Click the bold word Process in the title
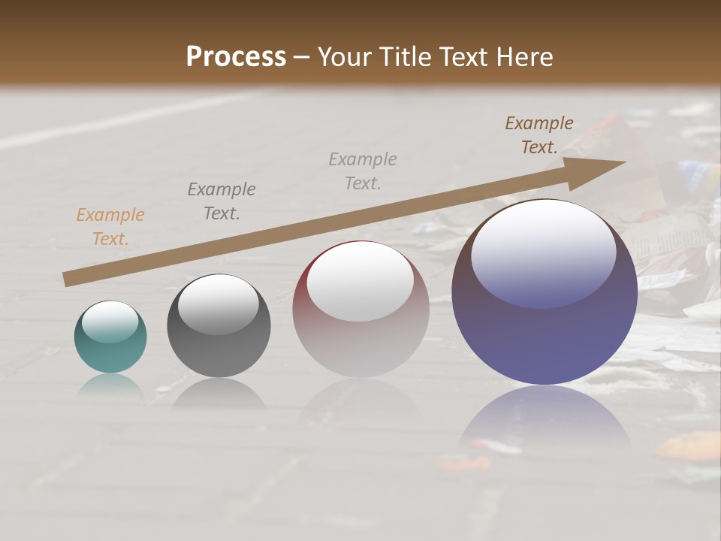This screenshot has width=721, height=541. (236, 57)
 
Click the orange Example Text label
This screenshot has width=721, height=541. (110, 227)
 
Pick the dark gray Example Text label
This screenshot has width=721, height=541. (222, 201)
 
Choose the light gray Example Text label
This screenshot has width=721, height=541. (363, 171)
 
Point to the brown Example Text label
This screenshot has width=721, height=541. (539, 135)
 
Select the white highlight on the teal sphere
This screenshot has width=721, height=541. (110, 322)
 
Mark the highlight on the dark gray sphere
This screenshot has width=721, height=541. (219, 304)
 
